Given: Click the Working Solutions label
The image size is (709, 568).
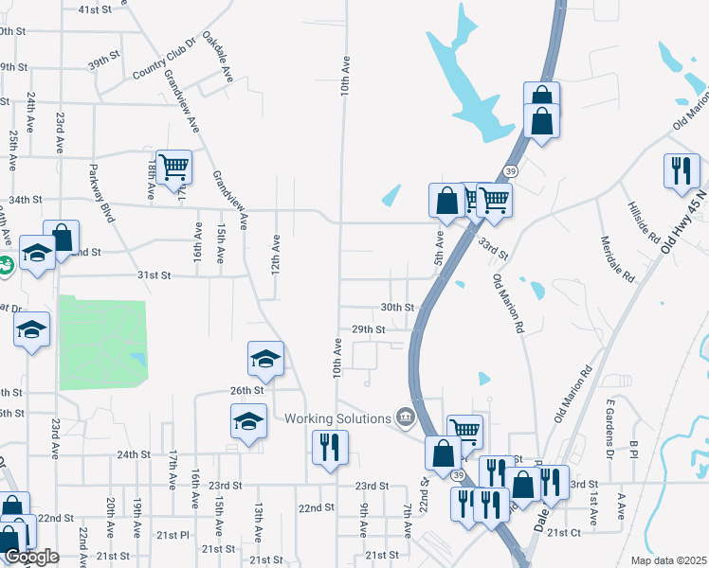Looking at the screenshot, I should click(x=338, y=418).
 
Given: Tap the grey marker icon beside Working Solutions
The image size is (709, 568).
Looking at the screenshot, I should click(x=406, y=417).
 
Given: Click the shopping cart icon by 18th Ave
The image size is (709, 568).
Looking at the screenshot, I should click(x=173, y=167).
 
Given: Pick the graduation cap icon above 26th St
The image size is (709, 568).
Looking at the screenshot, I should click(x=265, y=358).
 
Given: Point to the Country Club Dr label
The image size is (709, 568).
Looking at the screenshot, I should click(x=164, y=60).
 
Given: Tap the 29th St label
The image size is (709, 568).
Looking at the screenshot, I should click(x=368, y=329).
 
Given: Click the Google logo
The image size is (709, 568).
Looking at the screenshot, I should click(x=31, y=557).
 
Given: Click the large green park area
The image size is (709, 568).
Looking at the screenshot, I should click(x=102, y=342).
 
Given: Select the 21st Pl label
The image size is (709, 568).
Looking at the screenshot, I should click(x=173, y=535).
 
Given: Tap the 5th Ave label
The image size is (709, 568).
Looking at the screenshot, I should click(x=439, y=246).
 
